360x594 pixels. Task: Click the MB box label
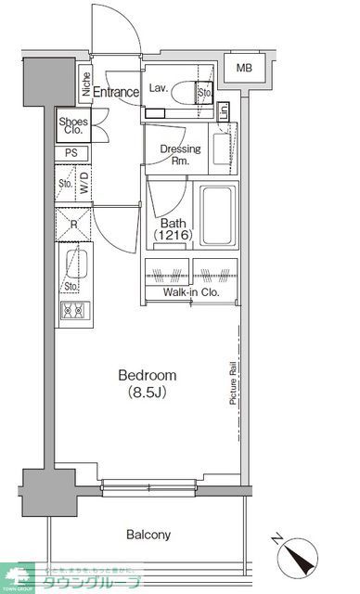coord(243,69)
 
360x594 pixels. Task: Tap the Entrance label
coord(115,92)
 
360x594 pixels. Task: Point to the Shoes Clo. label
coord(73,126)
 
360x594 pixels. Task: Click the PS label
coord(71,153)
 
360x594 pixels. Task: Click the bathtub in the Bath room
coord(218,217)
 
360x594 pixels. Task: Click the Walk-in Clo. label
coord(191,292)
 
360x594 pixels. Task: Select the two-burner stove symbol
coord(71,310)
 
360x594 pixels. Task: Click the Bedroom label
coord(147,375)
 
